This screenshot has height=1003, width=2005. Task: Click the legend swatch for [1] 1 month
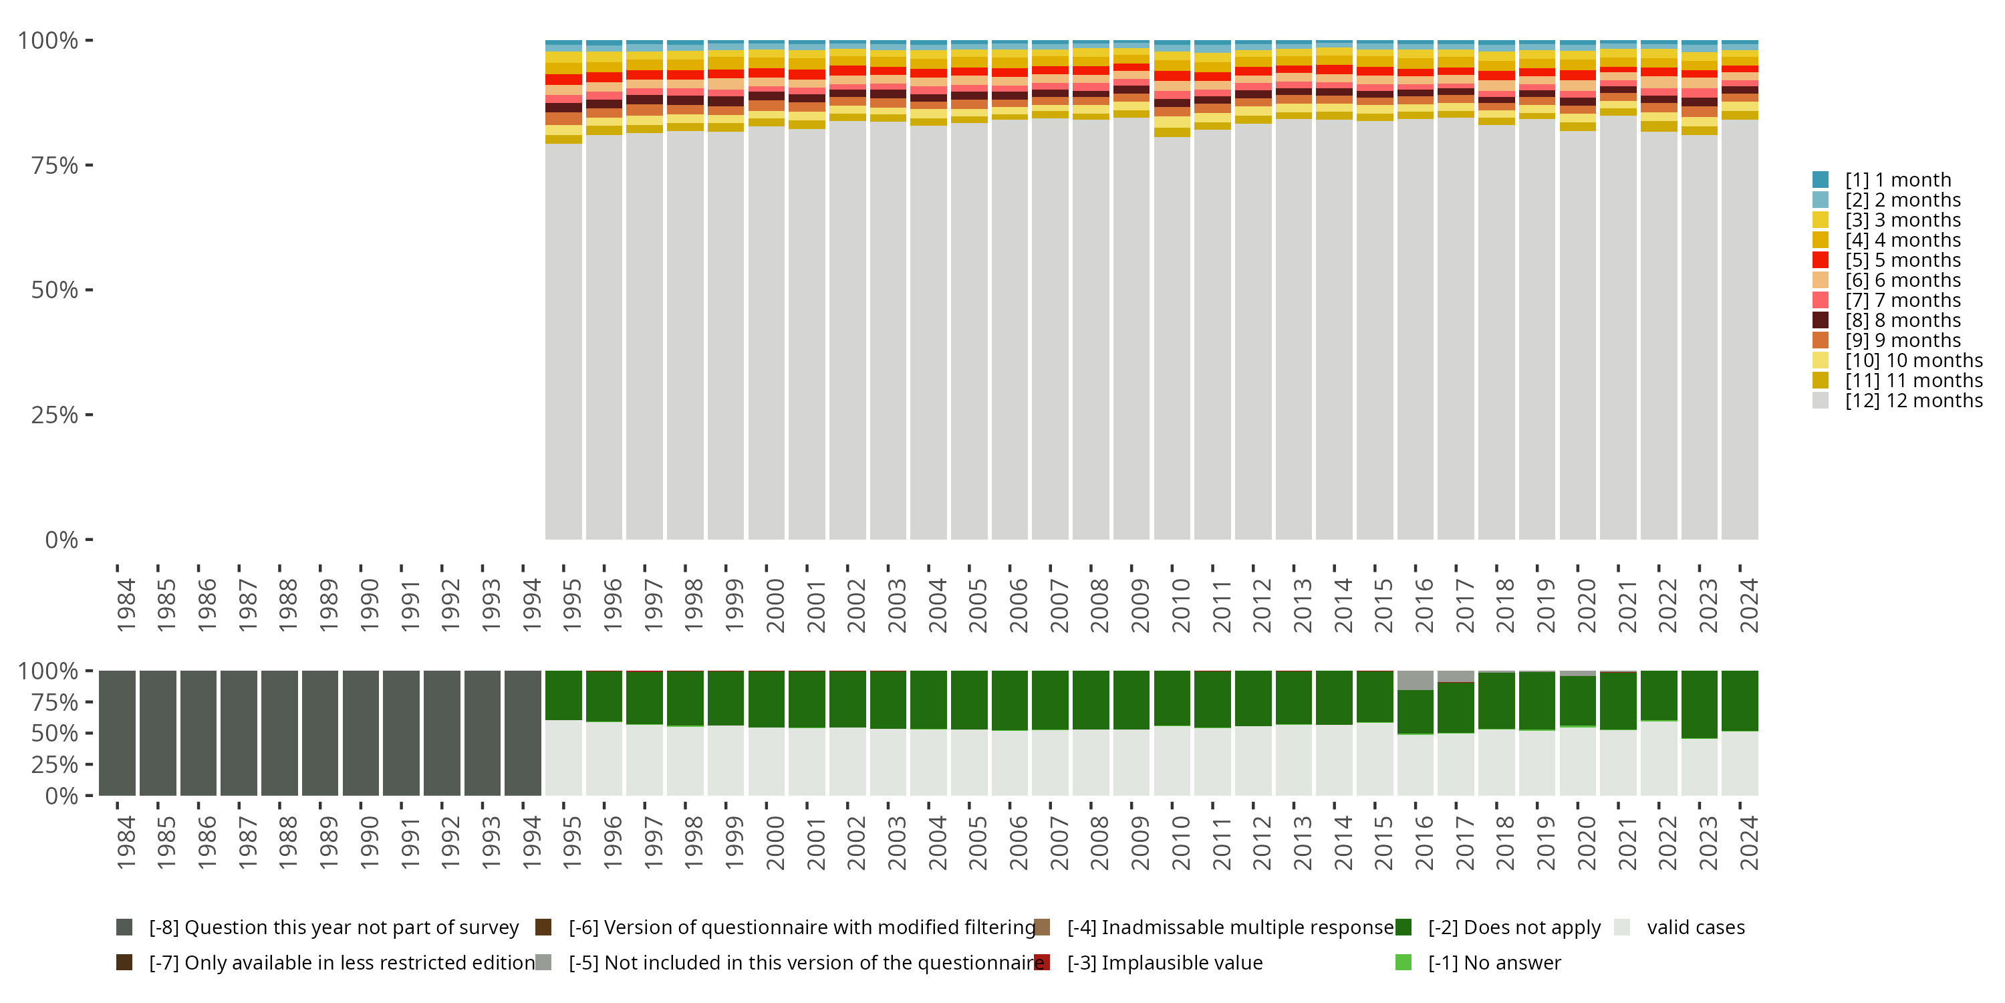1820,180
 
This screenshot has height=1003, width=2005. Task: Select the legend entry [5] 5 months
1902,260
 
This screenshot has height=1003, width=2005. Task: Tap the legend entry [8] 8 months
1902,320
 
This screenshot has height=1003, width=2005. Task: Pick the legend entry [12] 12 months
1913,401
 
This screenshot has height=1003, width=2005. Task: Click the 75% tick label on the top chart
55,165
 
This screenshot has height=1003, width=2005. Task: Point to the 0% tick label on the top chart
61,540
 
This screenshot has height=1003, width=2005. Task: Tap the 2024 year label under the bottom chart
1748,843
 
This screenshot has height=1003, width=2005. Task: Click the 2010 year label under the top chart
1181,605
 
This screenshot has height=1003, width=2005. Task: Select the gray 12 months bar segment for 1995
563,342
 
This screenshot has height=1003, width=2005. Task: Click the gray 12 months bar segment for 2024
1740,327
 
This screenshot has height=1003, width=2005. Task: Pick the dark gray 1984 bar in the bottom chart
117,733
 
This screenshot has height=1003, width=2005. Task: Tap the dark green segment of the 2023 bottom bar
1699,704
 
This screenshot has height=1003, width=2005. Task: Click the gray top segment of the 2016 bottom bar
1415,680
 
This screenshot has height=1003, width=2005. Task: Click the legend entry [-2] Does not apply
1514,927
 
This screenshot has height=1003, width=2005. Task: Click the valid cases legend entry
1695,927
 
